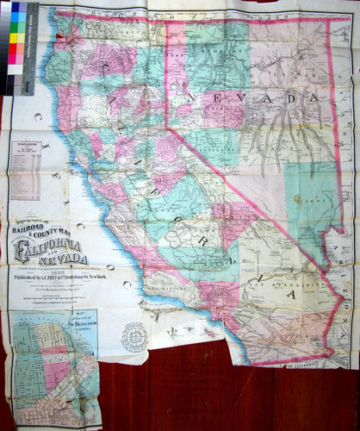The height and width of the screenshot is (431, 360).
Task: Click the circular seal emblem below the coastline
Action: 133,336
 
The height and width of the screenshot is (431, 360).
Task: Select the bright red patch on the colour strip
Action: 16,48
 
